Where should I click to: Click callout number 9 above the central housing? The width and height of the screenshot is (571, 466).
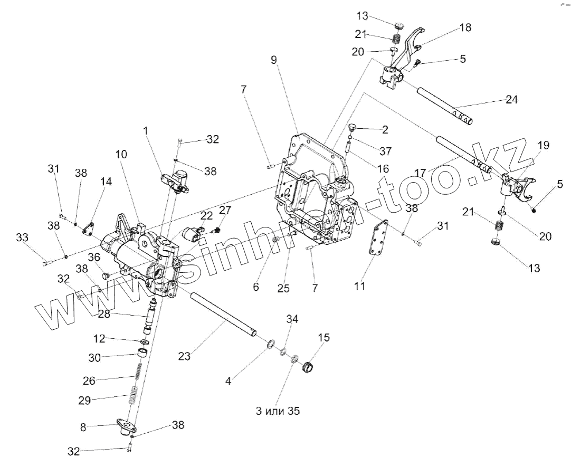coord(274,60)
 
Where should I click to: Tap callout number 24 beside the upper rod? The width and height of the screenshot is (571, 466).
coord(511,99)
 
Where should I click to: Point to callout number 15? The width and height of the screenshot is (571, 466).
coord(324,338)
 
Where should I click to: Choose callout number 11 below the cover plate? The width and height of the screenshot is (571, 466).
coord(359,286)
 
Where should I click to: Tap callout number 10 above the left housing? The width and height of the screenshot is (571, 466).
coord(121,155)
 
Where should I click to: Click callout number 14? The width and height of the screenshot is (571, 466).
coord(107,182)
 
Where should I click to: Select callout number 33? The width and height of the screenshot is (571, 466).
coord(22,238)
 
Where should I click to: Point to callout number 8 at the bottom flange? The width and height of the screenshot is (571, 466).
coord(83,427)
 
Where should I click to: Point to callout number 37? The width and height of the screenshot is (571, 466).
coord(386,151)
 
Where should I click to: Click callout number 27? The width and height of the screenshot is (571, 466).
coord(225,210)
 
